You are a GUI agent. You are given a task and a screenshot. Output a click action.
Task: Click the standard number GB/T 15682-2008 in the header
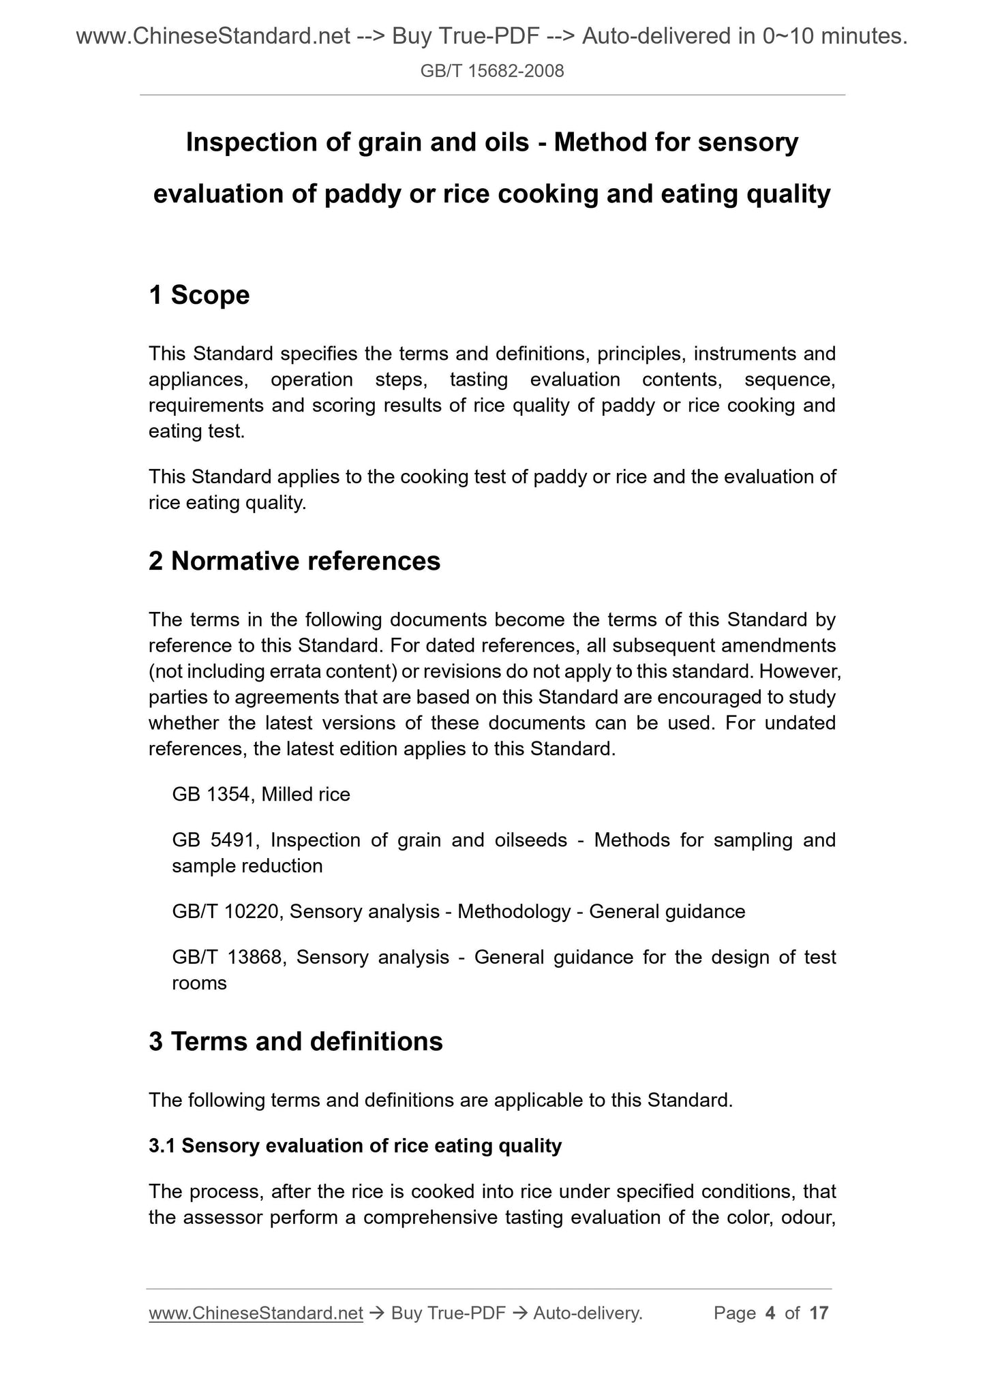point(492,71)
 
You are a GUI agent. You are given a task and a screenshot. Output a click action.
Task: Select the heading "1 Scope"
point(199,295)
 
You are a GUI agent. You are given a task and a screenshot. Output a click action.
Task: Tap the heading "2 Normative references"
point(294,561)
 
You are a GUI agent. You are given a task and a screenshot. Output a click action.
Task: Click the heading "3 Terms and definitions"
point(296,1041)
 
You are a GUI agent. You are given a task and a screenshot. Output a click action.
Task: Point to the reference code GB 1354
point(212,795)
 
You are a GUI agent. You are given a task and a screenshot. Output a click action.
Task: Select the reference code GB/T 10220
point(226,912)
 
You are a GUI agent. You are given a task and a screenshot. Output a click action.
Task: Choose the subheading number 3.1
point(162,1146)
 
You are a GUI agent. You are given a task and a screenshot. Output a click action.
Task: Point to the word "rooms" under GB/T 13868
point(199,983)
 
